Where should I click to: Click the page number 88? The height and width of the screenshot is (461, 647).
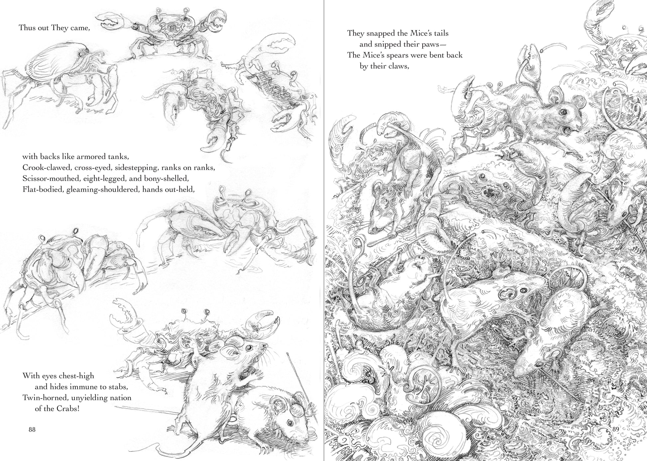click(x=32, y=429)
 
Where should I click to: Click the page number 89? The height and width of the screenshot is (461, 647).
click(x=615, y=429)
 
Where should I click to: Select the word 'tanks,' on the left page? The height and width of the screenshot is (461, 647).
click(x=117, y=156)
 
